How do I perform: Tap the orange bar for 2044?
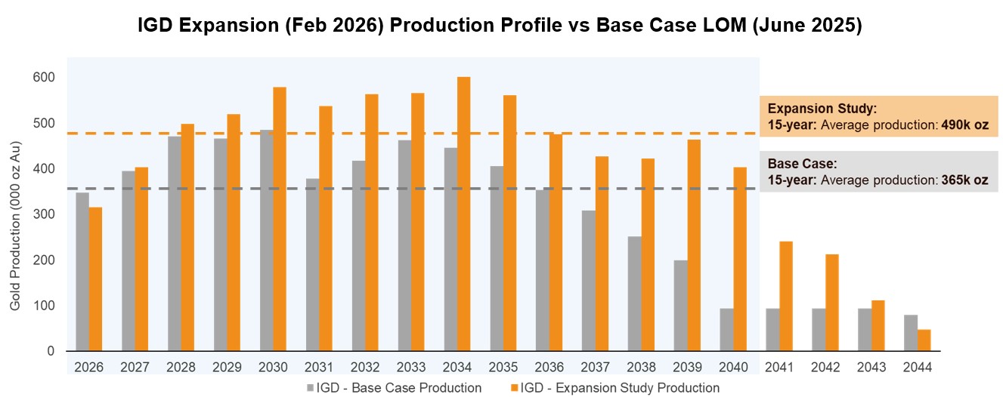click(924, 340)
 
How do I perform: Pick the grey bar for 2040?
click(726, 330)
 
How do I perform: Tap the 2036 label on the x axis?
click(549, 367)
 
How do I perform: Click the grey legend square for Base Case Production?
click(311, 388)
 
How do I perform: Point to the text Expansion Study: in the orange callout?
click(822, 108)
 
